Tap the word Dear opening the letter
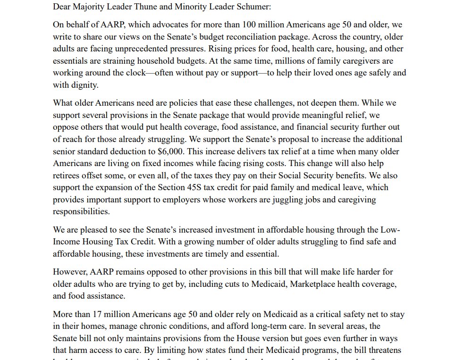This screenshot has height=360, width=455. pos(62,7)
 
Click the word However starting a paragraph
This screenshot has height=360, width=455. pos(68,272)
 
